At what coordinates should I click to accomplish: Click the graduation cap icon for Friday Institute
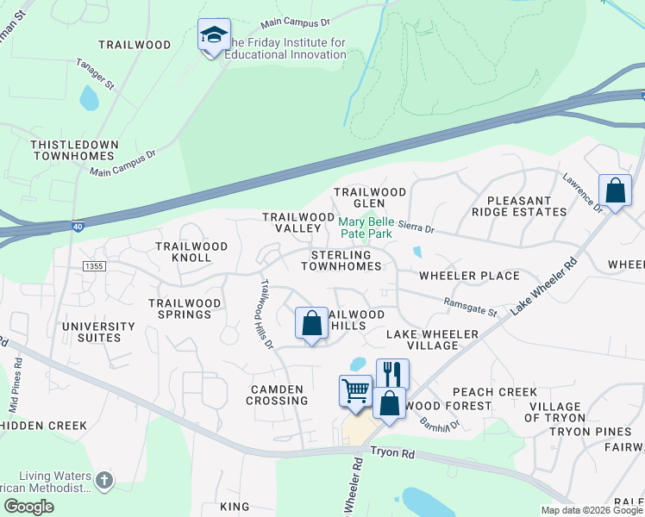[x=214, y=35]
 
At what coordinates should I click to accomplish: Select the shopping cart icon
[x=355, y=391]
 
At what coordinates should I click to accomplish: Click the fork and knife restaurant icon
[x=392, y=373]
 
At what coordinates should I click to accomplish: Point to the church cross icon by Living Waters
[x=103, y=479]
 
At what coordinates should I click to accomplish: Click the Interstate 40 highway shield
[x=78, y=227]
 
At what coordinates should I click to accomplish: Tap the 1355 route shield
[x=94, y=267]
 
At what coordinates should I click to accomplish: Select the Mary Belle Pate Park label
[x=365, y=227]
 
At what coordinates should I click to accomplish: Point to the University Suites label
[x=98, y=332]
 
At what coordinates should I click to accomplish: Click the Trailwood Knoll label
[x=191, y=252]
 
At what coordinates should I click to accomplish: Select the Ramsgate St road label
[x=470, y=306]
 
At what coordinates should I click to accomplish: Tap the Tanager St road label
[x=95, y=73]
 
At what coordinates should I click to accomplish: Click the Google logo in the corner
[x=28, y=507]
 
